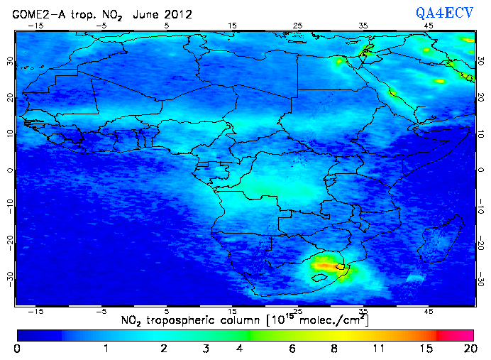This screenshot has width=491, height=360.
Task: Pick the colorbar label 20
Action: click(468, 349)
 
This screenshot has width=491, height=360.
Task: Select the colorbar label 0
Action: click(17, 349)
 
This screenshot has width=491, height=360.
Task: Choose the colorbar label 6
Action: click(292, 349)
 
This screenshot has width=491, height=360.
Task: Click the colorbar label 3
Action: click(205, 349)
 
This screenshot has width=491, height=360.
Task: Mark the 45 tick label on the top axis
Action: click(429, 26)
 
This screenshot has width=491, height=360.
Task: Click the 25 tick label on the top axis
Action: click(298, 26)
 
